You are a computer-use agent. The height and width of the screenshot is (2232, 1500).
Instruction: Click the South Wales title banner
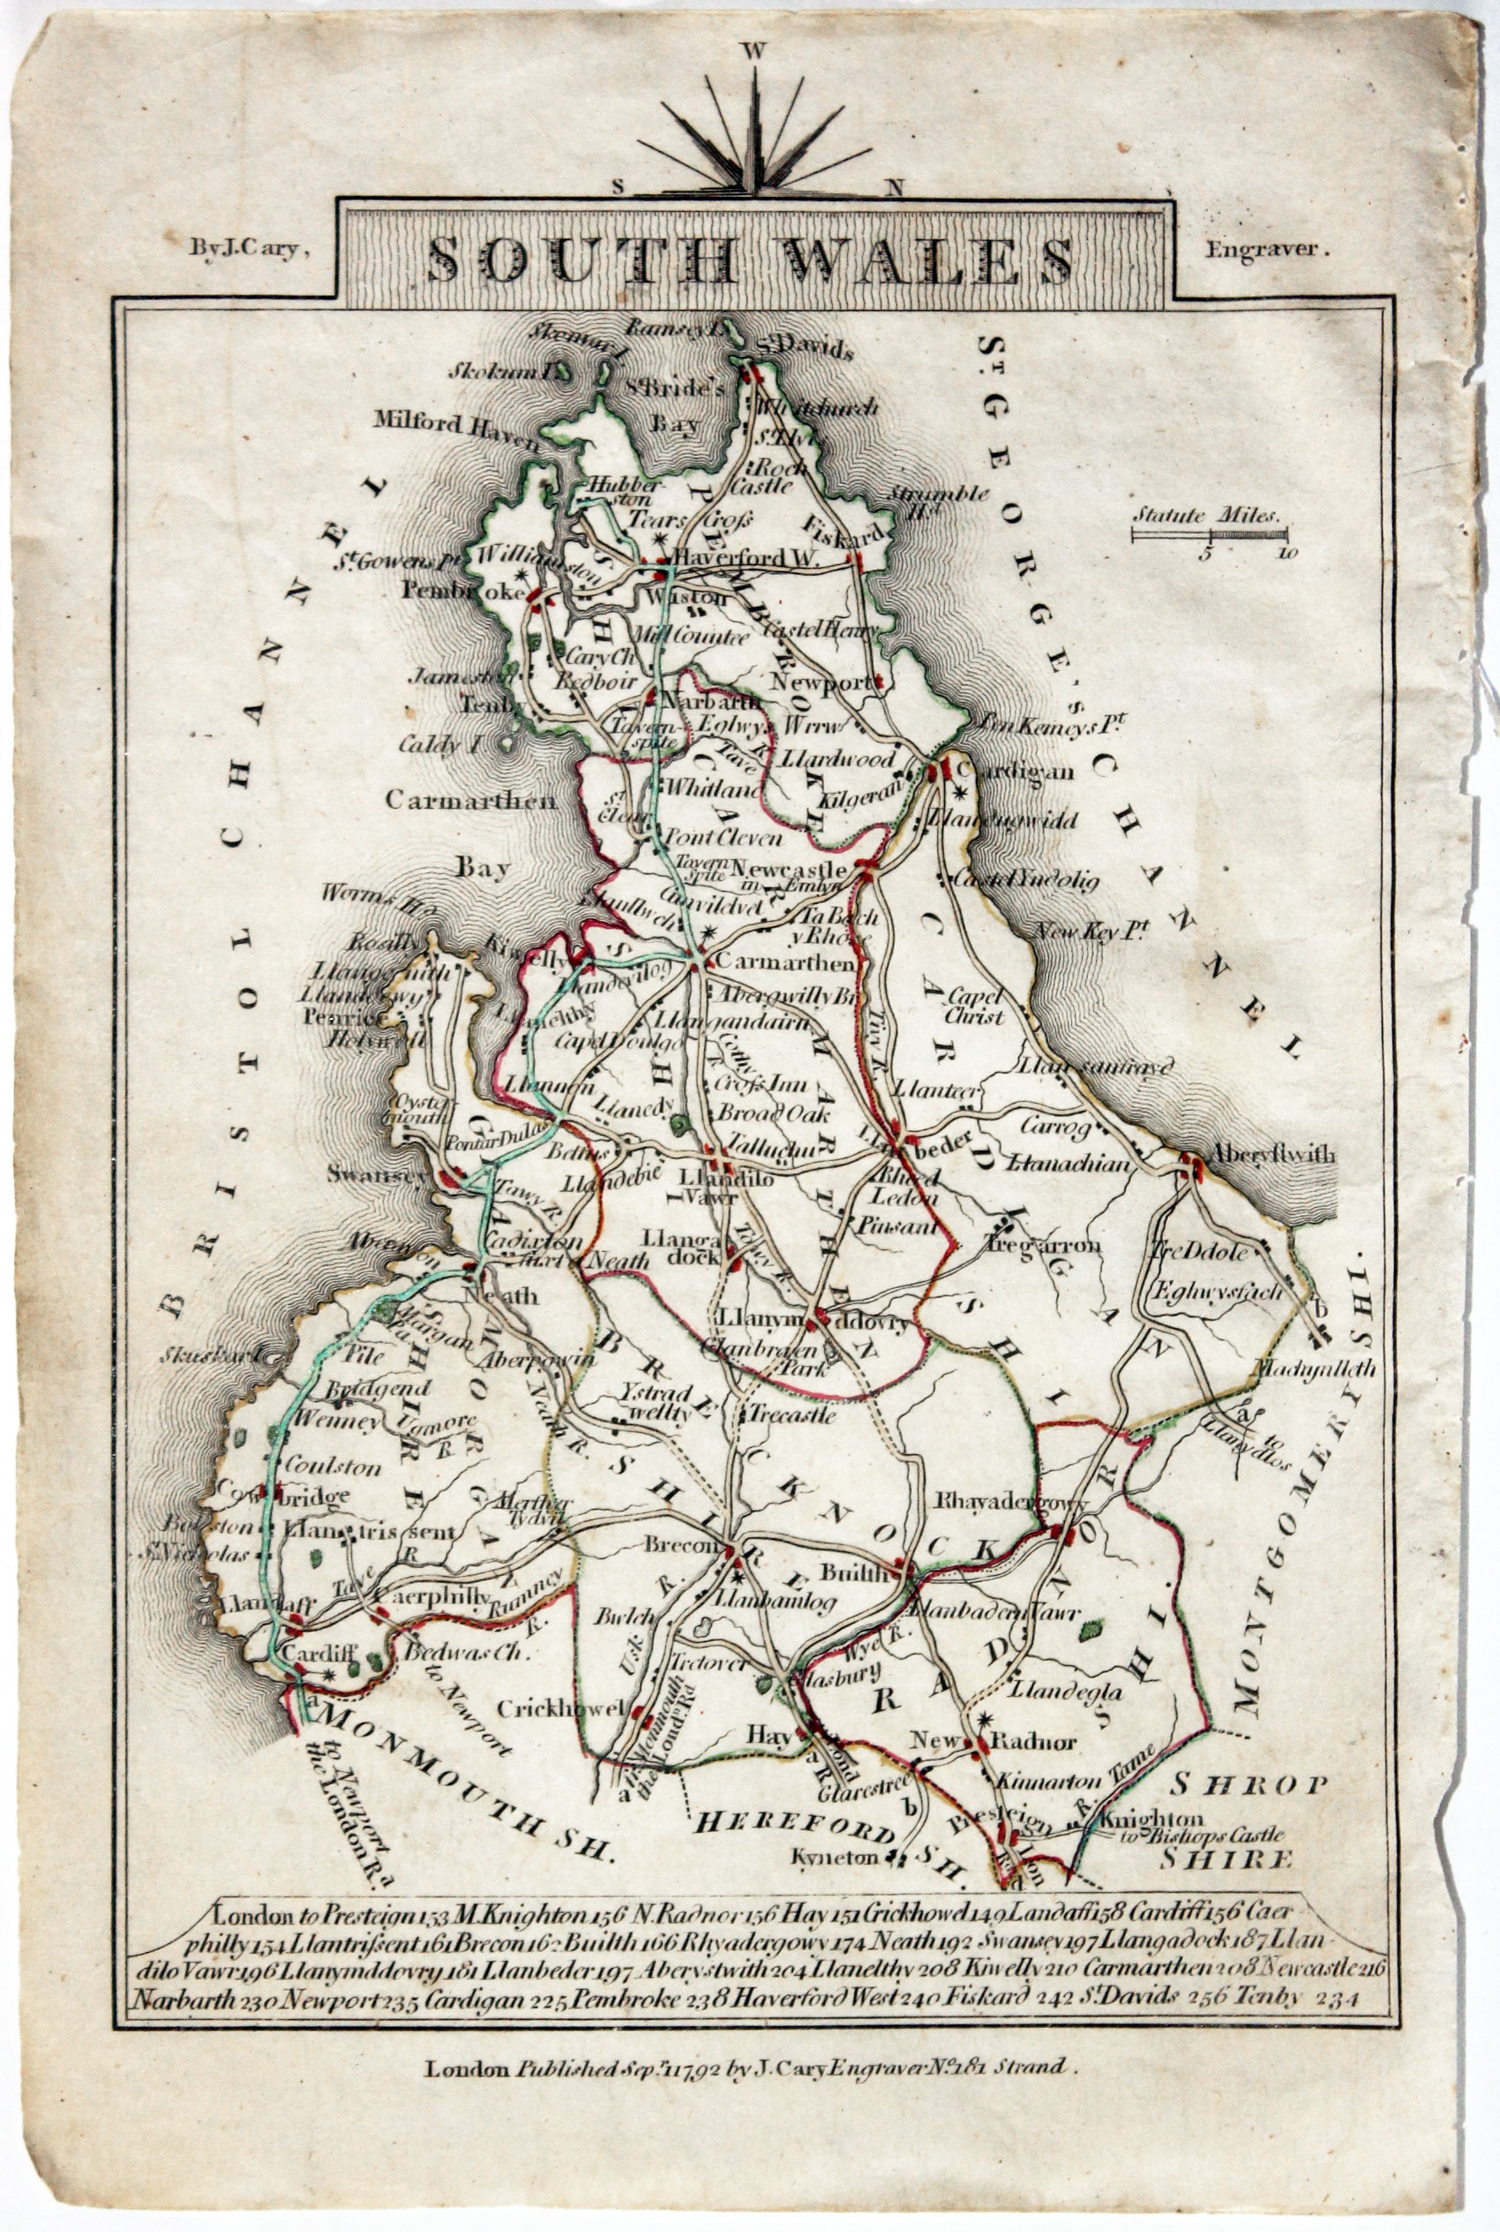point(752,257)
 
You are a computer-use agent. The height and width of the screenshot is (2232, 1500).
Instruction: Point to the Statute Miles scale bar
point(1209,532)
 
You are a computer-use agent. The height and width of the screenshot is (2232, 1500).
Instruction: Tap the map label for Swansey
point(375,1174)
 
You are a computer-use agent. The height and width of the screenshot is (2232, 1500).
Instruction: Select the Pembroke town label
point(463,592)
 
